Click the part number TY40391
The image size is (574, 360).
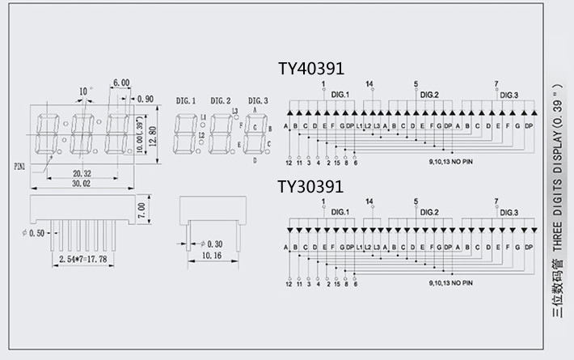[310, 69]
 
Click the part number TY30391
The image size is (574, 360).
[310, 187]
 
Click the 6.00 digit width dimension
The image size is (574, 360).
[121, 83]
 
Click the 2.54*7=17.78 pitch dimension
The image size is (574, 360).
[83, 259]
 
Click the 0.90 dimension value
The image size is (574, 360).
[146, 99]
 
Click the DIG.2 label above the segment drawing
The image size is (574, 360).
[220, 100]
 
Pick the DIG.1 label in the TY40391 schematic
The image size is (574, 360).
[340, 95]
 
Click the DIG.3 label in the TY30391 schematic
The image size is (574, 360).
[509, 213]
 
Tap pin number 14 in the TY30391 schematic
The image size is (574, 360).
[369, 201]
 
